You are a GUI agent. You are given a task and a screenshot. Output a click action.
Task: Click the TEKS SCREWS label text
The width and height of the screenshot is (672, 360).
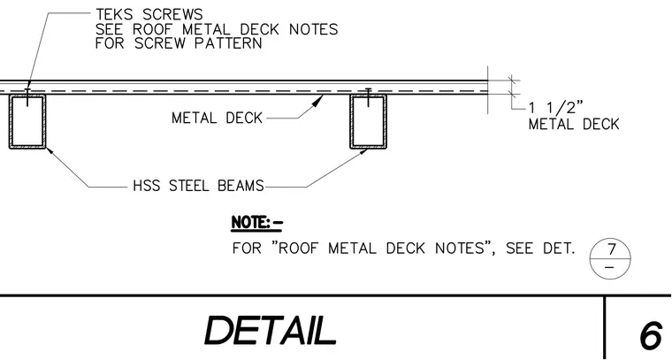pyautogui.click(x=149, y=14)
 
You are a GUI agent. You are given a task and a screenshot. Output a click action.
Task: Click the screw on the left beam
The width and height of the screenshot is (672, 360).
pyautogui.click(x=27, y=97)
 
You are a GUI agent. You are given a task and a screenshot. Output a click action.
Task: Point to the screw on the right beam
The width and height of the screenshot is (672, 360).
pyautogui.click(x=368, y=97)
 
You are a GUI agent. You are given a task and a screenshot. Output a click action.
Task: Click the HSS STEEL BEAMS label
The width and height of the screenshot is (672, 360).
pyautogui.click(x=198, y=186)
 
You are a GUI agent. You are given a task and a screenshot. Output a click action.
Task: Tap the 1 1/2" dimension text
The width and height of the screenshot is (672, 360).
pyautogui.click(x=556, y=107)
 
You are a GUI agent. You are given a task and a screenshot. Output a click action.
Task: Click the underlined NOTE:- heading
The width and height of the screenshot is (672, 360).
pyautogui.click(x=257, y=223)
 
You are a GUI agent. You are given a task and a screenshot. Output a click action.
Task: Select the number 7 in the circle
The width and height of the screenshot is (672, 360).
pyautogui.click(x=611, y=249)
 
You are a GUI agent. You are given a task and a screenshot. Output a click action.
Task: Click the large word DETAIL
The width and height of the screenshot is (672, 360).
pyautogui.click(x=270, y=331)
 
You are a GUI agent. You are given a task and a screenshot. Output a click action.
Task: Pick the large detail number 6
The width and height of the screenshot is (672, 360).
pyautogui.click(x=651, y=336)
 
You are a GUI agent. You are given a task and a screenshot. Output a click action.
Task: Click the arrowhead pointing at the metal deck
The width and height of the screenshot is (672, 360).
pyautogui.click(x=318, y=100)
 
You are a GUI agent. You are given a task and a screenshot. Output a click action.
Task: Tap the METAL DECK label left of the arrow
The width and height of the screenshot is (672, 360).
pyautogui.click(x=217, y=118)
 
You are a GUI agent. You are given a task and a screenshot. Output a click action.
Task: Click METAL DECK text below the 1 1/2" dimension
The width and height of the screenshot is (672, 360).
pyautogui.click(x=574, y=125)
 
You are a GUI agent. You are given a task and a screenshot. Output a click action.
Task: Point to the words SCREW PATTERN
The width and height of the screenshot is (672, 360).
pyautogui.click(x=198, y=43)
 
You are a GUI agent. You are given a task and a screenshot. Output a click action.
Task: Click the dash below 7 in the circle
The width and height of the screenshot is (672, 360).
pyautogui.click(x=610, y=268)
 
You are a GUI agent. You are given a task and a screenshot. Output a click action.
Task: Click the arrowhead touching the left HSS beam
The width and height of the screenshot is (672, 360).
pyautogui.click(x=50, y=150)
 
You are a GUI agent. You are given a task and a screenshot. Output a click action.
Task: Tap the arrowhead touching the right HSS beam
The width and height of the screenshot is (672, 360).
pyautogui.click(x=363, y=151)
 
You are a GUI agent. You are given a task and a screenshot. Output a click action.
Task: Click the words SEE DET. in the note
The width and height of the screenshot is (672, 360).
pyautogui.click(x=540, y=249)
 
